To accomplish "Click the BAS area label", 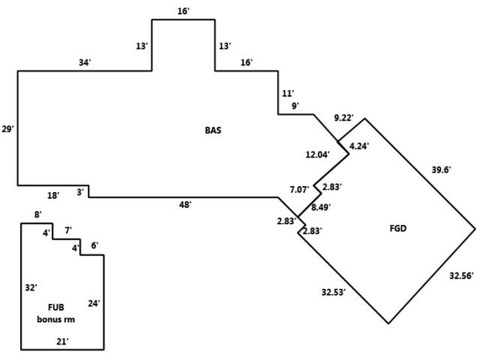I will click(x=213, y=130).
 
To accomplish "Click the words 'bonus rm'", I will click(x=57, y=319).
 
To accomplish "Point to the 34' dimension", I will click(x=84, y=62).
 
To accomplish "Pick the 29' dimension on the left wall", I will click(x=8, y=129).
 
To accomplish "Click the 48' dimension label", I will click(x=184, y=204).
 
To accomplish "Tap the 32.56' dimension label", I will click(x=460, y=276).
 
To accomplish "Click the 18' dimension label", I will click(x=53, y=196).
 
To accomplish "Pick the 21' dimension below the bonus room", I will click(x=63, y=341).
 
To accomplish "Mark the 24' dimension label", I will click(x=94, y=303).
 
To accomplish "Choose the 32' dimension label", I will click(x=31, y=287).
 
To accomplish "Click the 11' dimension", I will click(x=286, y=93).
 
